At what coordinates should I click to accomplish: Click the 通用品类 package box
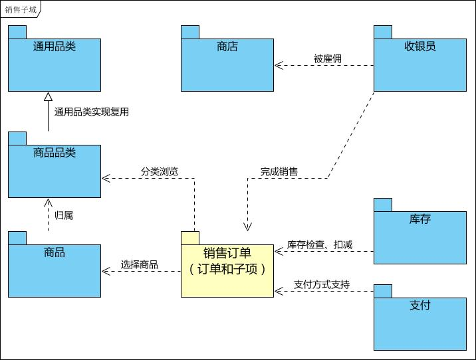(55, 64)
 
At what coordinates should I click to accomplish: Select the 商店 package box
(227, 64)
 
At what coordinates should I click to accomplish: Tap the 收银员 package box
(420, 64)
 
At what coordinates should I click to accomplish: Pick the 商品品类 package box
(55, 171)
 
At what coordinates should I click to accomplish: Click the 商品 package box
(55, 270)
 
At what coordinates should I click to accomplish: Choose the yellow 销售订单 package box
(227, 270)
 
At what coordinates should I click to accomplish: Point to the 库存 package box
(420, 237)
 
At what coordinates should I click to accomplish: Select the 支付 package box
(420, 323)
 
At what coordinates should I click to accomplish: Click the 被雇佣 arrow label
(327, 58)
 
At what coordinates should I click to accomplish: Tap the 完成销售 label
(279, 171)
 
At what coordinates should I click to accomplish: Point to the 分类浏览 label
(159, 171)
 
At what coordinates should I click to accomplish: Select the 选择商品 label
(139, 264)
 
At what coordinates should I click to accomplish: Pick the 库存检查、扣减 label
(320, 244)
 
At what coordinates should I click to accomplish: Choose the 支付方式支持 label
(322, 285)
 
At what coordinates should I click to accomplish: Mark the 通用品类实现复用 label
(91, 112)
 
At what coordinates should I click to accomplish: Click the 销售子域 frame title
(20, 9)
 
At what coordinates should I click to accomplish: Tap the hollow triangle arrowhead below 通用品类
(48, 97)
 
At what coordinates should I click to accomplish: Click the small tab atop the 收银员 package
(382, 32)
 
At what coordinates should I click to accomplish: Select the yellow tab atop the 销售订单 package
(190, 238)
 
